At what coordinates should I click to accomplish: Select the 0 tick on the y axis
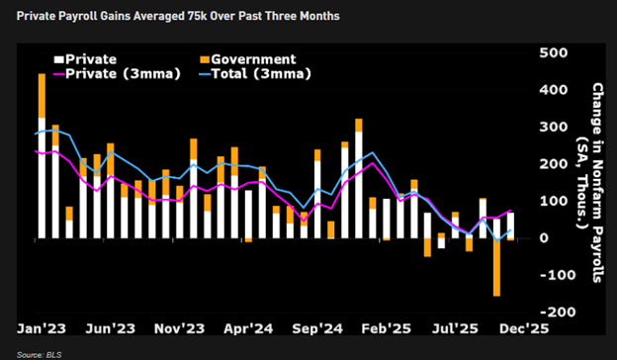coord(543,238)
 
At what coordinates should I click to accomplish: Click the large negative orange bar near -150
coord(496,267)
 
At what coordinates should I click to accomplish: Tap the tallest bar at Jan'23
coord(42,158)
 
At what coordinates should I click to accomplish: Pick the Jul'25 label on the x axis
coord(457,326)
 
